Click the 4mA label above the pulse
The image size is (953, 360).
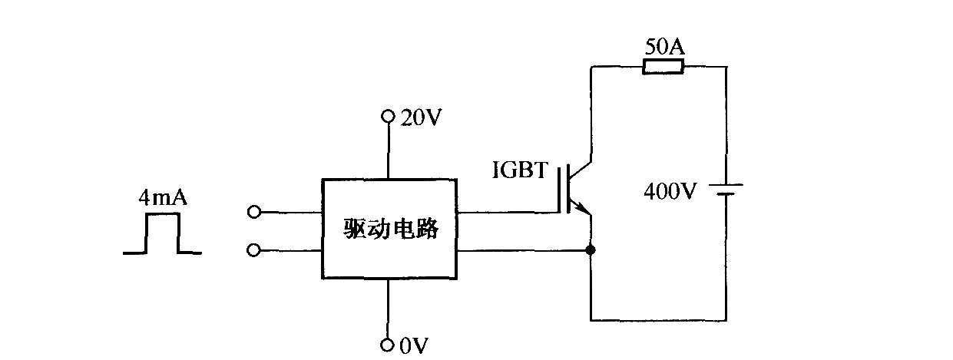point(163,198)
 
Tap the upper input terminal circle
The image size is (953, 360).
point(254,212)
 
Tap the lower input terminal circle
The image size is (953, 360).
point(253,250)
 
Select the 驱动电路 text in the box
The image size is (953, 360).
point(391,229)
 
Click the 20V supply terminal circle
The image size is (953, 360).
point(388,116)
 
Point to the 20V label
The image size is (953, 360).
point(421,117)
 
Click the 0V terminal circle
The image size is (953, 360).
point(387,345)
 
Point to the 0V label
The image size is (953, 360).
point(414,345)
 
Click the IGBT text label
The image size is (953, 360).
point(520,170)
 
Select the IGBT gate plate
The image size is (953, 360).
point(560,189)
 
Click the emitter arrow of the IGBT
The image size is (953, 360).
point(582,207)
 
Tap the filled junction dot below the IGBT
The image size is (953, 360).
point(591,250)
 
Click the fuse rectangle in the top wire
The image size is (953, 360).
point(663,67)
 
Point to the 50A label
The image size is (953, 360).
point(664,47)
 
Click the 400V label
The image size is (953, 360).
point(670,191)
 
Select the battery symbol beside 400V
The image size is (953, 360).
point(726,190)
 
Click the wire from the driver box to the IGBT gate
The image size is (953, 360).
point(507,212)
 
